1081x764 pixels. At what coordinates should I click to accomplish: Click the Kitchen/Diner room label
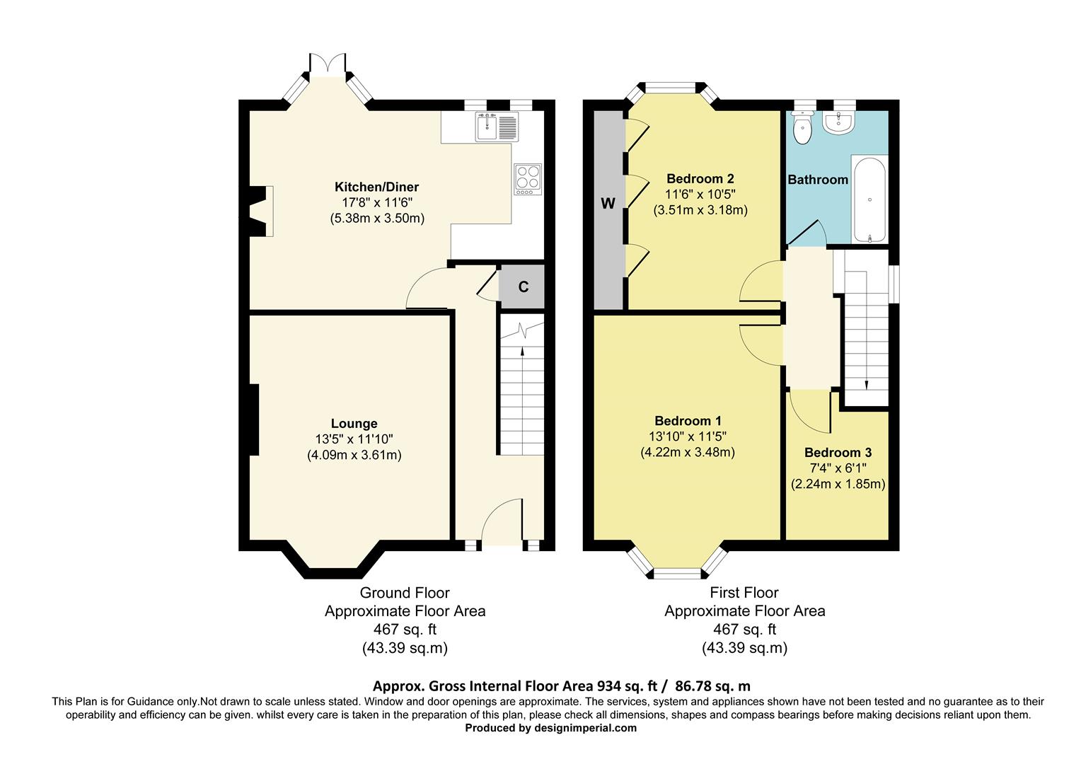[x=377, y=187]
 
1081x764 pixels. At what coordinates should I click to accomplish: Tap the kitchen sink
[x=497, y=127]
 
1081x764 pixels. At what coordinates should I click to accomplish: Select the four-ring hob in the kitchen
[x=528, y=179]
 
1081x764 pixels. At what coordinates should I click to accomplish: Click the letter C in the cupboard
[x=524, y=287]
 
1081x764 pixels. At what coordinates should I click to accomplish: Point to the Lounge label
[x=354, y=423]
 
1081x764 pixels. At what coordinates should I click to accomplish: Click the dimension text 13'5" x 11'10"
[x=354, y=439]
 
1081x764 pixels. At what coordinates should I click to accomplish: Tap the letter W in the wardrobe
[x=608, y=204]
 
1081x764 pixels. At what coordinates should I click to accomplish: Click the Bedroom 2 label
[x=700, y=178]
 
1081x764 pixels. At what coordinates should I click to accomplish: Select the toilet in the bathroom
[x=803, y=127]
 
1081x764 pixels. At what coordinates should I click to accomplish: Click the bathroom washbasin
[x=839, y=122]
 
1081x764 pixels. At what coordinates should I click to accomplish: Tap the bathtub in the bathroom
[x=869, y=199]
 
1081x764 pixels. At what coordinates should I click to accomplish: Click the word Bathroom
[x=818, y=180]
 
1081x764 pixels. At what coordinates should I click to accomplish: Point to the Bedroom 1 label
[x=688, y=420]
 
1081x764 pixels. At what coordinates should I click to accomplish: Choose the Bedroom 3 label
[x=838, y=452]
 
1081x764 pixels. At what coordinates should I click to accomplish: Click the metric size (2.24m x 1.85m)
[x=838, y=484]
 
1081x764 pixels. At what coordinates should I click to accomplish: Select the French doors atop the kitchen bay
[x=328, y=64]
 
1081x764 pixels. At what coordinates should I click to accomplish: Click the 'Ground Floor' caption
[x=405, y=593]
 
